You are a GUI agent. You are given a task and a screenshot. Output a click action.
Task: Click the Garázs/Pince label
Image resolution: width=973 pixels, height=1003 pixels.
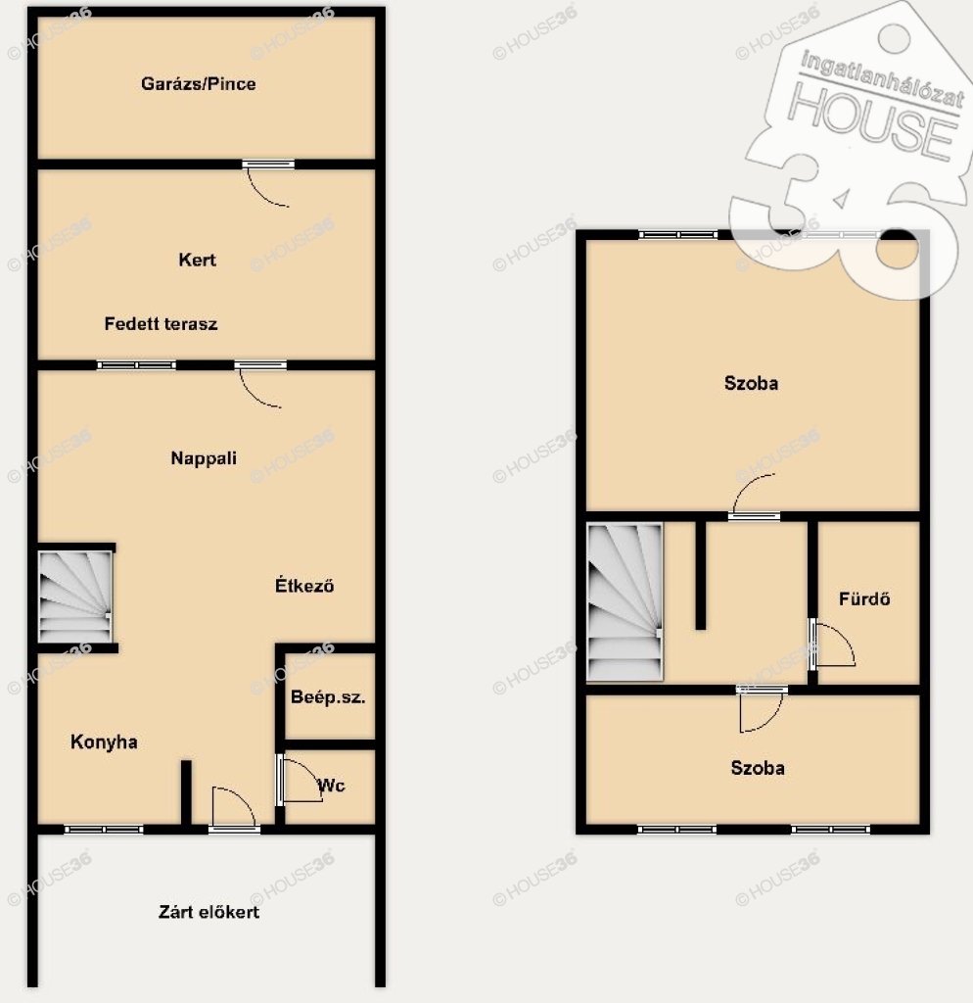pyautogui.click(x=198, y=84)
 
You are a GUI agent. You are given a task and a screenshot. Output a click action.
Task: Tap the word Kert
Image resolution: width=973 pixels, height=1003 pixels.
pyautogui.click(x=197, y=260)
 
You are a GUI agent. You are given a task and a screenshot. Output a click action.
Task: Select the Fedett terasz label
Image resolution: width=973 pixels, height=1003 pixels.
pyautogui.click(x=162, y=323)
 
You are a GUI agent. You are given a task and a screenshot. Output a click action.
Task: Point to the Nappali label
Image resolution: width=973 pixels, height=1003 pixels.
pyautogui.click(x=204, y=458)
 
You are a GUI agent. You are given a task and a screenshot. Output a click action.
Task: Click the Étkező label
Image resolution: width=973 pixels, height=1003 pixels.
pyautogui.click(x=304, y=585)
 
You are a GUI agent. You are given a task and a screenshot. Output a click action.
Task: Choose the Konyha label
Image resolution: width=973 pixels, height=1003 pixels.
pyautogui.click(x=104, y=742)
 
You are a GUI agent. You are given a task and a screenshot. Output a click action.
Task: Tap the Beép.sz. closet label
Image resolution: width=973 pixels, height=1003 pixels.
pyautogui.click(x=328, y=697)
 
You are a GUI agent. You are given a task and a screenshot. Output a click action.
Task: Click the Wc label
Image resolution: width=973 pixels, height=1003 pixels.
pyautogui.click(x=331, y=786)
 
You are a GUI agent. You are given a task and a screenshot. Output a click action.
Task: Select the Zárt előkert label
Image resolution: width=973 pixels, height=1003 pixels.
pyautogui.click(x=209, y=912)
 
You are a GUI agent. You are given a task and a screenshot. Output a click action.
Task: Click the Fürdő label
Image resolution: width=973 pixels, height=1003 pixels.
pyautogui.click(x=864, y=598)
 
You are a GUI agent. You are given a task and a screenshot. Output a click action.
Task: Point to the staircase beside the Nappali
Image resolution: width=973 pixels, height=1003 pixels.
pyautogui.click(x=75, y=597)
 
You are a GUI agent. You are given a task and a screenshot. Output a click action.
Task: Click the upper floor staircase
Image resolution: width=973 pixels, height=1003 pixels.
pyautogui.click(x=625, y=602)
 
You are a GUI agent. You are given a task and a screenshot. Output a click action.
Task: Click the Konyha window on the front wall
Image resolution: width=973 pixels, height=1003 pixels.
pyautogui.click(x=104, y=830)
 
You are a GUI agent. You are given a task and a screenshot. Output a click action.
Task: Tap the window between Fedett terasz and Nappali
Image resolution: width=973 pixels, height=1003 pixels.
pyautogui.click(x=136, y=365)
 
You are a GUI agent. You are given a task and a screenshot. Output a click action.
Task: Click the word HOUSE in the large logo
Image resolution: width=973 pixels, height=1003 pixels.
pyautogui.click(x=872, y=120)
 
